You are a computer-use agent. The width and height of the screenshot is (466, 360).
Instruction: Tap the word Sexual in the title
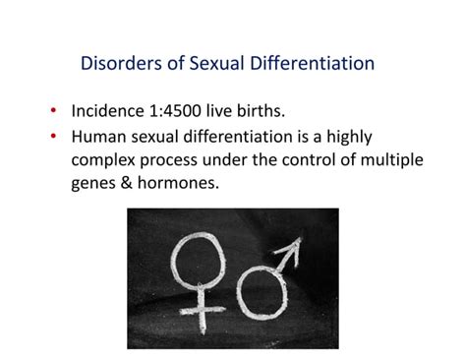208,64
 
